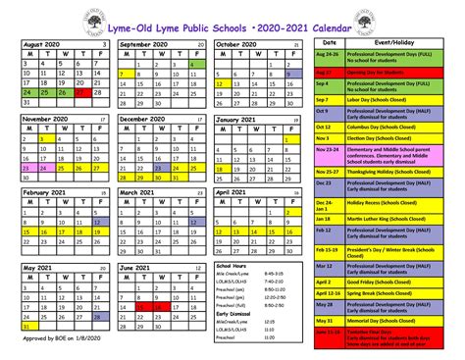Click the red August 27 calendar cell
click(x=70, y=96)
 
